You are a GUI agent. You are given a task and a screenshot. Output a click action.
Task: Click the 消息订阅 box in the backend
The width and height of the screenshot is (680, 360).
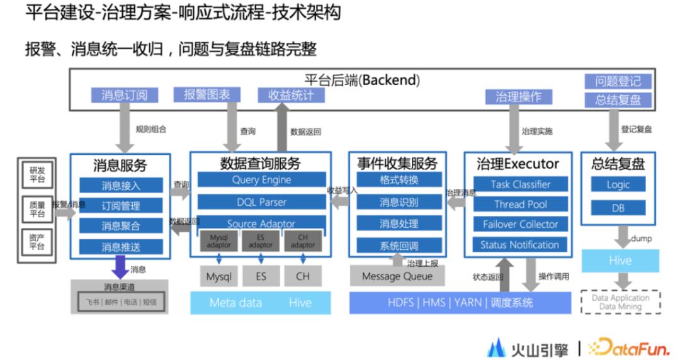coord(124,96)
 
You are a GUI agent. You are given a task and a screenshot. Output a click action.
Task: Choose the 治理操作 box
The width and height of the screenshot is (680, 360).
coord(518,97)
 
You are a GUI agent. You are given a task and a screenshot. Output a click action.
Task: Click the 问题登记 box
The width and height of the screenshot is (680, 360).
coord(618,81)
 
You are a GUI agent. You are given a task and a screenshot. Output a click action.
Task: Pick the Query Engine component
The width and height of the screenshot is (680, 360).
coord(261,179)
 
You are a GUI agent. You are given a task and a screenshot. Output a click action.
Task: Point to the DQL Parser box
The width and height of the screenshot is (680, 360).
coord(261,202)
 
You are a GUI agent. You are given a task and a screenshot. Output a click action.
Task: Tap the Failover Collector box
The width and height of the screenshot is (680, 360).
coord(520,225)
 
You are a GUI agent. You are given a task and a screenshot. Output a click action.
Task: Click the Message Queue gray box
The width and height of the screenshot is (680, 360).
coord(397,276)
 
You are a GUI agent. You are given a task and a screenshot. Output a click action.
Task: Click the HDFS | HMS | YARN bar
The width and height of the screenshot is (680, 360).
coord(460,303)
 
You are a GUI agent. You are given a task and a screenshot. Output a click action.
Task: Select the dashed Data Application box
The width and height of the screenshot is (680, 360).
coord(620,302)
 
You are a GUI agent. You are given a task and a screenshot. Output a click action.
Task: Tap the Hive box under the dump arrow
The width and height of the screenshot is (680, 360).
coord(620,261)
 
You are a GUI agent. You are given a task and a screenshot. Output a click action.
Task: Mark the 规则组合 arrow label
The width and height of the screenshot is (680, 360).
coord(151,130)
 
